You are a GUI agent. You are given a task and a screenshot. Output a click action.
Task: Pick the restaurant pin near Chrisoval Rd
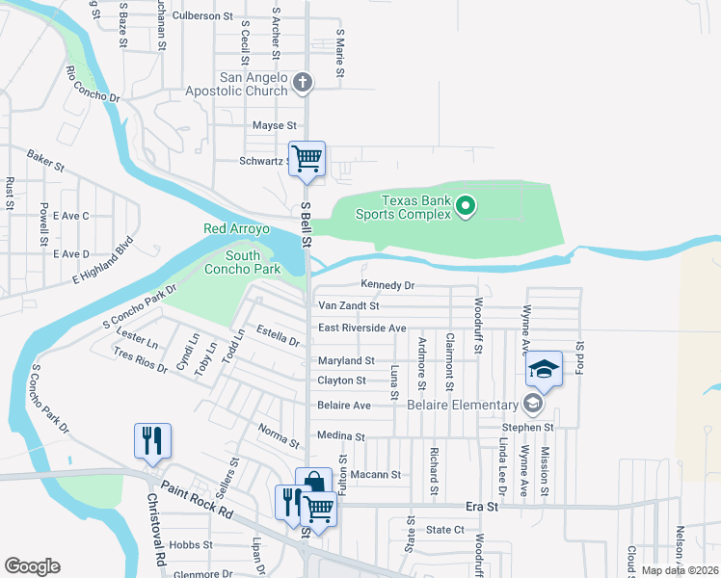[152, 441]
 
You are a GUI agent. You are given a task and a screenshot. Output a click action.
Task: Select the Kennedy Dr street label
[387, 285]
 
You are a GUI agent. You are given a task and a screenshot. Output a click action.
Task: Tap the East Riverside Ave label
[361, 328]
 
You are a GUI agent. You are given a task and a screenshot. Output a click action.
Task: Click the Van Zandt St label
[349, 305]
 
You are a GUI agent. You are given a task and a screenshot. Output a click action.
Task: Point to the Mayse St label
[274, 126]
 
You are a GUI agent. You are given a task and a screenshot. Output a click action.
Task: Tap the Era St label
[480, 505]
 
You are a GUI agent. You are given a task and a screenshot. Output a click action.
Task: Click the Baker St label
[45, 160]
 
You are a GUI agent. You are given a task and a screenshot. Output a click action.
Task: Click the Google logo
[32, 566]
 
